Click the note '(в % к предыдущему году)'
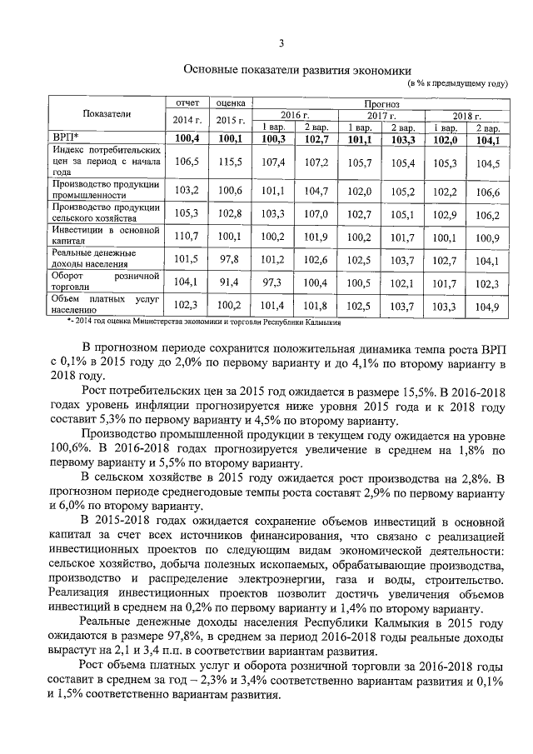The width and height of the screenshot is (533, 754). [x=457, y=84]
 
